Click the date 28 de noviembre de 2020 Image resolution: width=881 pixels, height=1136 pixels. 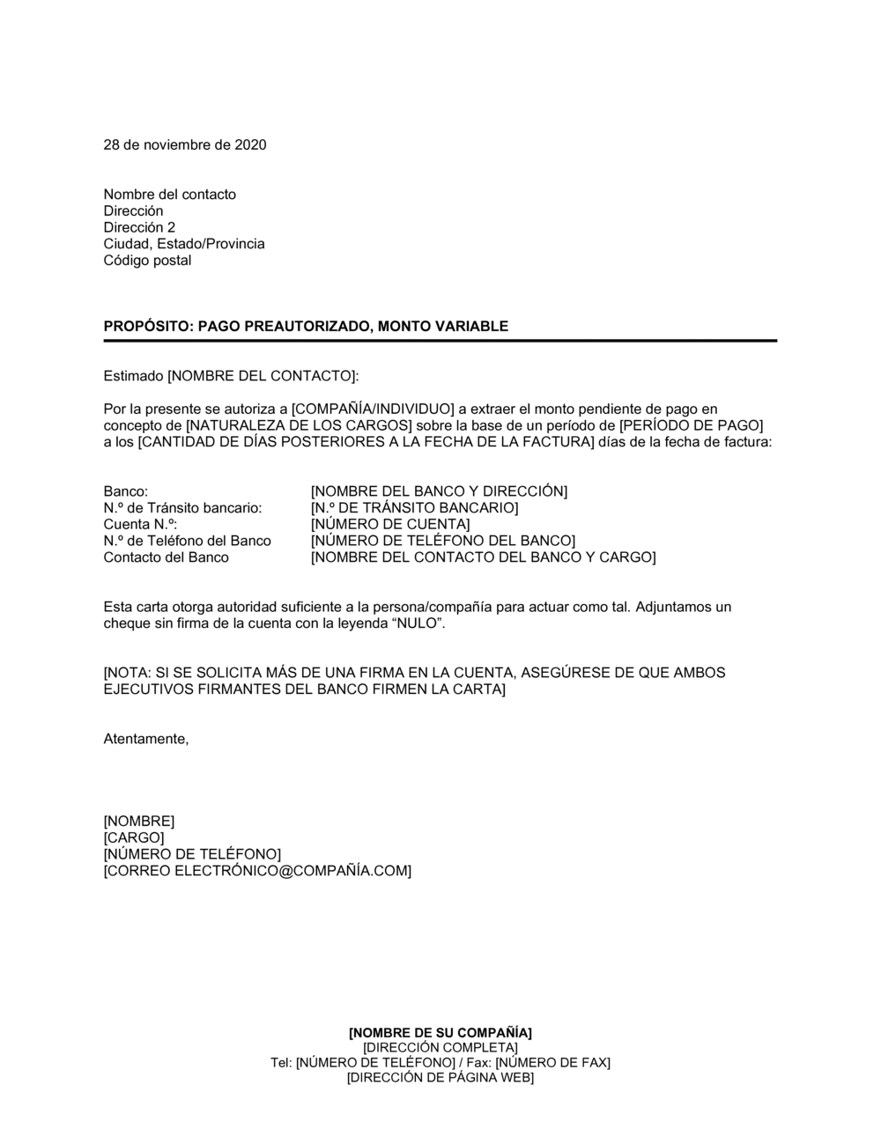tap(185, 144)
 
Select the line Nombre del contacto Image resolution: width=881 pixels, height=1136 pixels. tap(170, 195)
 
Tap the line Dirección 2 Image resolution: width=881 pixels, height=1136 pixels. tap(139, 227)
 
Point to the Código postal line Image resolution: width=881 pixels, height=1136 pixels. tap(147, 261)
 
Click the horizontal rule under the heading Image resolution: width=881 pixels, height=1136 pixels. tap(440, 341)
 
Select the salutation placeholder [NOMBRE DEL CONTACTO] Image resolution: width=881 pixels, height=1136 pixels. tap(262, 376)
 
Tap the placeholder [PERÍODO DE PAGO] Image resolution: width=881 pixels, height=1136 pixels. tap(692, 425)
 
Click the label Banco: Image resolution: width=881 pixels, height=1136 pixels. tap(126, 491)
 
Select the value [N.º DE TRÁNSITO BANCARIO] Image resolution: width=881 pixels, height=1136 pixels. tap(414, 508)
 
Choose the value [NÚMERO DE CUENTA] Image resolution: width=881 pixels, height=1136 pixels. tap(390, 525)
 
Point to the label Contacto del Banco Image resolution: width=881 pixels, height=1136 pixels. tap(167, 557)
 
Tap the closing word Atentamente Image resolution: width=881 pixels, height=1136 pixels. tap(146, 739)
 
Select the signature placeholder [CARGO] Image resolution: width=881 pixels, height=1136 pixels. tap(134, 837)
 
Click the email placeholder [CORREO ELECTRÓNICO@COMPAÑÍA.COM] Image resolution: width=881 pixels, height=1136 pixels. tap(257, 871)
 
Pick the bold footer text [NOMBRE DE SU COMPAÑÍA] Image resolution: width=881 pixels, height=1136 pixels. tap(440, 1032)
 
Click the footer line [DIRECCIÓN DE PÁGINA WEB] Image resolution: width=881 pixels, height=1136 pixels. tap(440, 1077)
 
